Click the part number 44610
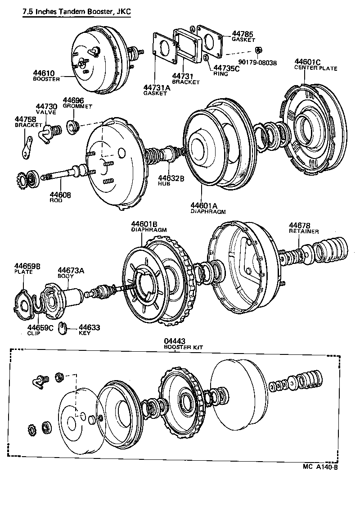(43, 73)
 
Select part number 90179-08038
(258, 63)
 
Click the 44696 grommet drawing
(72, 125)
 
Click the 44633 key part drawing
(64, 329)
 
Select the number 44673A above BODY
(71, 270)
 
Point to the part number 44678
(300, 225)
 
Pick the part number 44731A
(157, 87)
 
